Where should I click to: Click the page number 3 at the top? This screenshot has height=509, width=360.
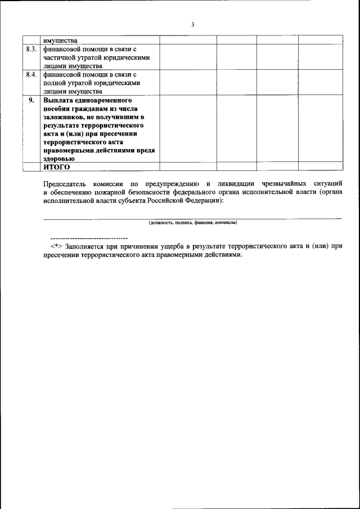coord(192,24)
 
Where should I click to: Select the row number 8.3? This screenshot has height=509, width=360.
coord(32,48)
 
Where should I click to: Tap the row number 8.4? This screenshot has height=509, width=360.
coord(32,74)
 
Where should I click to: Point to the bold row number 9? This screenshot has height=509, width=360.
coord(32,100)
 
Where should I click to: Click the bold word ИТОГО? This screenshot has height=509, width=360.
coord(56,167)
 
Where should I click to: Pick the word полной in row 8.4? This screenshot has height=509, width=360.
coord(55,83)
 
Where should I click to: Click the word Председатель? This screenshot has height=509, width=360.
coord(66,184)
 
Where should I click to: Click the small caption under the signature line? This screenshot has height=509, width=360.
coord(192,223)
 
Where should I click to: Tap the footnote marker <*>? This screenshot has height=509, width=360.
coord(56,246)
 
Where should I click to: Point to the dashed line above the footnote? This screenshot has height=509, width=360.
coord(89,238)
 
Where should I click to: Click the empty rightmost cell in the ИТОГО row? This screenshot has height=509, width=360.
coord(319,166)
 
